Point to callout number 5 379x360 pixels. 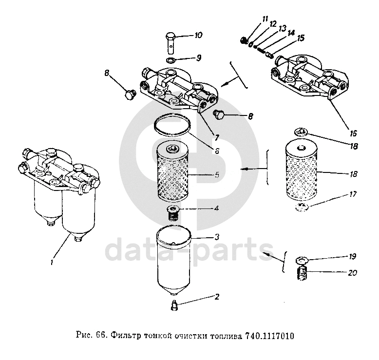pos(217,174)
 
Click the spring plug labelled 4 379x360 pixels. pos(173,213)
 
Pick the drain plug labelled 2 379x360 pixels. pos(174,305)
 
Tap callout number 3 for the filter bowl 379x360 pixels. pos(217,237)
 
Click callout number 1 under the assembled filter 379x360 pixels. pos(52,262)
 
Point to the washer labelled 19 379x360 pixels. pos(303,260)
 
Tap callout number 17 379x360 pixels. pos(353,194)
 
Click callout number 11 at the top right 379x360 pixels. pos(265,19)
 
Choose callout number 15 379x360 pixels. pos(301,38)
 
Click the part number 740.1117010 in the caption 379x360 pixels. pos(269,336)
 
